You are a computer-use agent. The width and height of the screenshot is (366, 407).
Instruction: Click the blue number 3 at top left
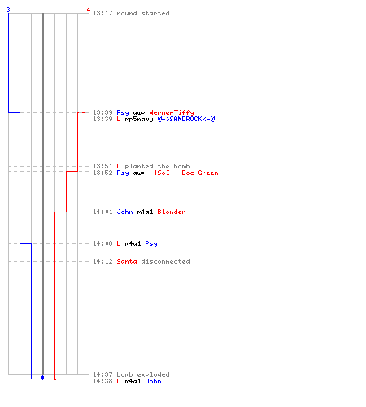tap(8, 10)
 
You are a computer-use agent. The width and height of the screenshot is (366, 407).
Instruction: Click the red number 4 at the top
tap(89, 10)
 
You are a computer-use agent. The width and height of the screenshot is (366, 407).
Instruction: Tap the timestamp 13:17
tap(102, 13)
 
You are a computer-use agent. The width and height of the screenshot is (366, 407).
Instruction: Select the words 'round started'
tap(143, 13)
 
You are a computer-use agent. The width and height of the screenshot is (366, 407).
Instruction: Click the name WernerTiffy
tap(172, 112)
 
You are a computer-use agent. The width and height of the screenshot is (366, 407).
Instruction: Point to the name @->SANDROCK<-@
tap(186, 119)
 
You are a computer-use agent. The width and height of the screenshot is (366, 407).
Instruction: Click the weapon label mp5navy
tap(139, 119)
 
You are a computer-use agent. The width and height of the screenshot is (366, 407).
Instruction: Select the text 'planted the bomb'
tap(157, 166)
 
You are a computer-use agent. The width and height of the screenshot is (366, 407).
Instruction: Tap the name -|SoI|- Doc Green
tap(184, 173)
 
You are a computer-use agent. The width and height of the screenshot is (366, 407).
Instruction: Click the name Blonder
tap(172, 212)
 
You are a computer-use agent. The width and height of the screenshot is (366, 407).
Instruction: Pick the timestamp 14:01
tap(102, 212)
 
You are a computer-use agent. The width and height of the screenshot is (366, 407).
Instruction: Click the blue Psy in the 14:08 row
tap(151, 243)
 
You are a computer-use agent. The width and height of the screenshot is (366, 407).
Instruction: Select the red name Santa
tap(127, 261)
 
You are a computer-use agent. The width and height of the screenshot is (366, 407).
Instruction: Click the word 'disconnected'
tap(165, 261)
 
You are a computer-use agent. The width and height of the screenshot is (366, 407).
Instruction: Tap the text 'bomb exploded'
tap(143, 374)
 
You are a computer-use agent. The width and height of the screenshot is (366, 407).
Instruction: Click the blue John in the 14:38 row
tap(154, 381)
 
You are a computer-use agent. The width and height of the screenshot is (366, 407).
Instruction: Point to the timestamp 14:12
tap(102, 261)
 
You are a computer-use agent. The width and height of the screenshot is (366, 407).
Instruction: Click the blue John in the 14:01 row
tap(124, 212)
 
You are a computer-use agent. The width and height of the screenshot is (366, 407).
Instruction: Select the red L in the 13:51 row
tap(119, 166)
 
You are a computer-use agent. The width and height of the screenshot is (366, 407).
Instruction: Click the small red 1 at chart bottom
tap(54, 378)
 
